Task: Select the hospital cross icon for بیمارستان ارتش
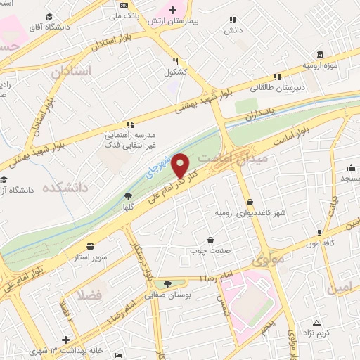[172, 9]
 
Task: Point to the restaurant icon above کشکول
[175, 60]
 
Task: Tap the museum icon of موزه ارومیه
[320, 55]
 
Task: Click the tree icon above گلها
[127, 198]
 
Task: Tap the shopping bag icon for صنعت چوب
[210, 239]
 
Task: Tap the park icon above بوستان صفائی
[167, 284]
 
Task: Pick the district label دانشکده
[64, 188]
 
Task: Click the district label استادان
[72, 71]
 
